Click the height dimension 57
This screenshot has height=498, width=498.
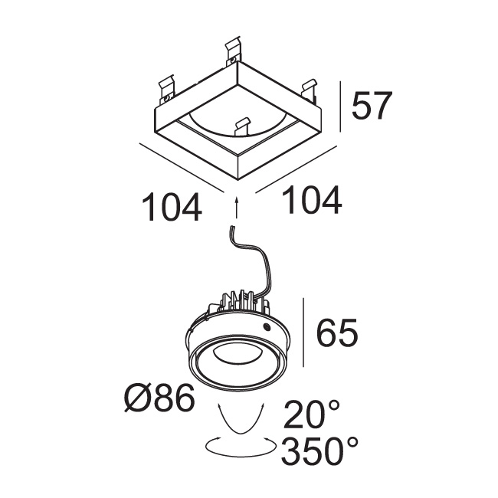pyautogui.click(x=372, y=106)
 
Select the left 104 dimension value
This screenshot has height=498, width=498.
pyautogui.click(x=172, y=207)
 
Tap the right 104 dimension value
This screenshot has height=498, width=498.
pyautogui.click(x=312, y=200)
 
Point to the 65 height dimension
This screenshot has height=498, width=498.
pyautogui.click(x=337, y=333)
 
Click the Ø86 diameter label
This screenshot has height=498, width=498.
pyautogui.click(x=159, y=398)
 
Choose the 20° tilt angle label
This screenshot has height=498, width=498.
pyautogui.click(x=312, y=414)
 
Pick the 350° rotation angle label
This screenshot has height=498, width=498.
pyautogui.click(x=319, y=450)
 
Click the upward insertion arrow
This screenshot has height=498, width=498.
pyautogui.click(x=236, y=207)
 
